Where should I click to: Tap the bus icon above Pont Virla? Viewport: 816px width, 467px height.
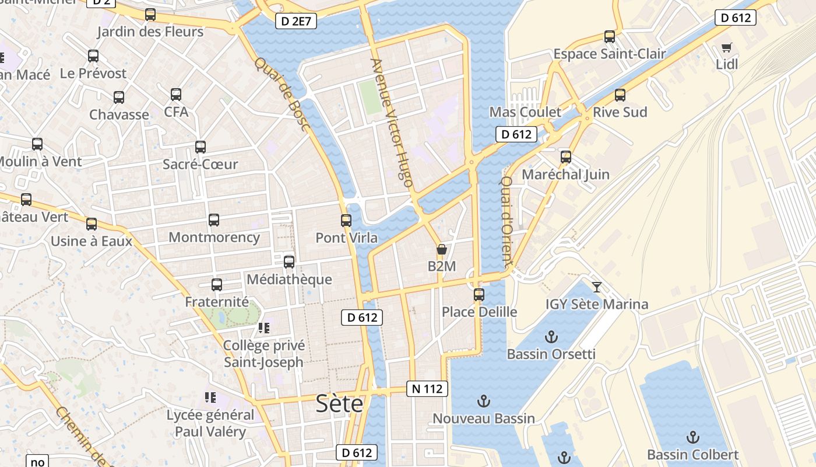(x=346, y=221)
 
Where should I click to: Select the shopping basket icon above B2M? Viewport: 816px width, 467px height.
(x=442, y=250)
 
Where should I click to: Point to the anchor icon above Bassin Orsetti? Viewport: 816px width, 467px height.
(x=551, y=337)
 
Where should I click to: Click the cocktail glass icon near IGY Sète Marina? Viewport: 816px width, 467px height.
(x=596, y=287)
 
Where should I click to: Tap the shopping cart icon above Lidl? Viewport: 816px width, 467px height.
(x=726, y=48)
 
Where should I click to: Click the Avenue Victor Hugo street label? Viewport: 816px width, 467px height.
(x=392, y=123)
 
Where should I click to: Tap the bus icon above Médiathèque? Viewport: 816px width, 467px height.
(x=289, y=262)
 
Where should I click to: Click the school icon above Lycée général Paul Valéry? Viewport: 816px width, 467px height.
(x=210, y=398)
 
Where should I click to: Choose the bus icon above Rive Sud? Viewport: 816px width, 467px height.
(x=620, y=95)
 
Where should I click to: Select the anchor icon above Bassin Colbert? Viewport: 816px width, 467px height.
(x=692, y=437)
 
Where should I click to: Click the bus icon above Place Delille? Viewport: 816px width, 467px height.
(x=479, y=295)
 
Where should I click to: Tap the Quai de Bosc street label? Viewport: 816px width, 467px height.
(x=282, y=93)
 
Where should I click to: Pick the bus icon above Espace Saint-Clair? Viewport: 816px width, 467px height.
(x=610, y=37)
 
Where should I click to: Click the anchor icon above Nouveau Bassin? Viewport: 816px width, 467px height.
(x=483, y=401)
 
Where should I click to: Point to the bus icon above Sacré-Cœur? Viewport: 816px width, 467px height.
(x=201, y=147)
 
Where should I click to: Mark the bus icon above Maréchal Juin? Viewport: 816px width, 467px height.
(x=565, y=157)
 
